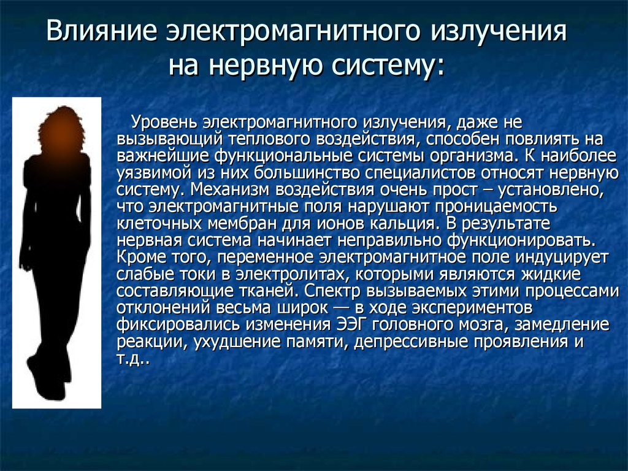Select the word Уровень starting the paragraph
tap(164, 123)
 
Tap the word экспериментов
tap(472, 308)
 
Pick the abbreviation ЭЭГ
tap(350, 324)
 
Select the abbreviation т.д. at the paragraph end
tap(133, 359)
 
